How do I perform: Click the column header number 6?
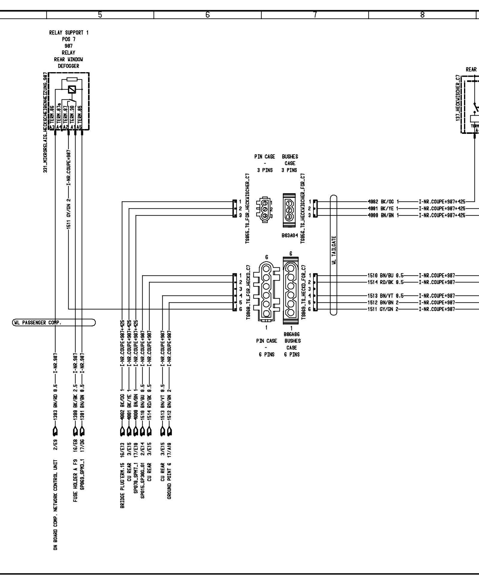point(207,15)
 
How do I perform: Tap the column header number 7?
point(315,15)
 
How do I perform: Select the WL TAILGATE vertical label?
point(334,250)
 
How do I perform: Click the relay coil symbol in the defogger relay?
point(72,90)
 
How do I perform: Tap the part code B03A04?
point(289,236)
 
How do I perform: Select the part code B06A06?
point(292,334)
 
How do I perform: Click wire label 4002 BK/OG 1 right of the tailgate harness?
point(384,202)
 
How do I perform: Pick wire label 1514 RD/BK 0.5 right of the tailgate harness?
point(386,282)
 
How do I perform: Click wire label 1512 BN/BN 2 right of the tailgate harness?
point(383,302)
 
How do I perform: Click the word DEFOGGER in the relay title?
point(69,66)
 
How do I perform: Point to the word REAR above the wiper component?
point(471,69)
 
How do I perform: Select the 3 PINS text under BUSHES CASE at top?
point(289,170)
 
